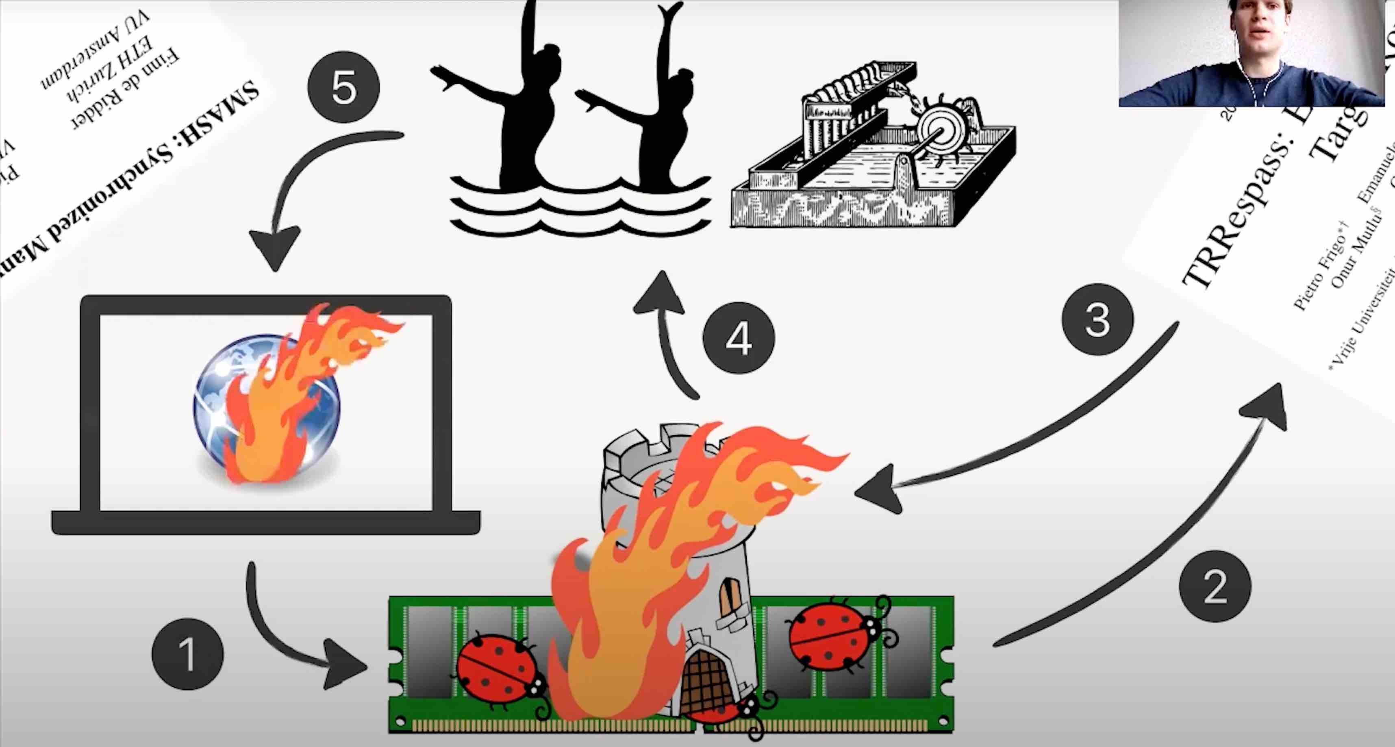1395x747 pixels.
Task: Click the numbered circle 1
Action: [x=187, y=654]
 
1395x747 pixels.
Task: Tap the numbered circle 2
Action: [x=1215, y=586]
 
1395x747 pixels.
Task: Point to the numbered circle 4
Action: [x=739, y=338]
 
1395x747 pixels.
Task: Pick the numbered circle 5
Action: [x=343, y=87]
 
